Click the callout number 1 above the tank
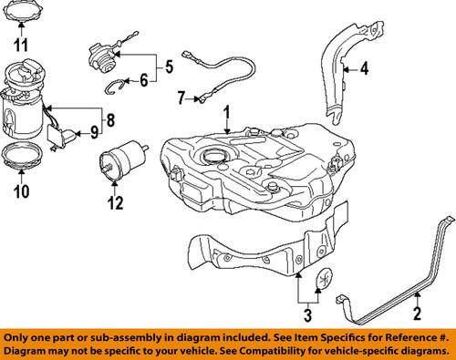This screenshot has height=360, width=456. [x=228, y=116]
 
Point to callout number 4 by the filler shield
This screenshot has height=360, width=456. [x=363, y=67]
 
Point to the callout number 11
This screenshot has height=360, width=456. [x=22, y=43]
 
